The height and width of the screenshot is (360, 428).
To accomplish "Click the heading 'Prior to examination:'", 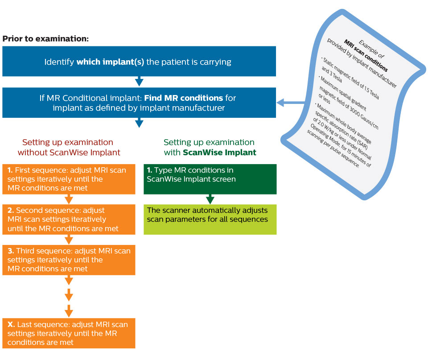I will (x=45, y=38).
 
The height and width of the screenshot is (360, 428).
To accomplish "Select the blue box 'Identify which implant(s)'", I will (x=139, y=62).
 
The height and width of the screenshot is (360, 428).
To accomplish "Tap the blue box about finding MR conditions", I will (x=139, y=103).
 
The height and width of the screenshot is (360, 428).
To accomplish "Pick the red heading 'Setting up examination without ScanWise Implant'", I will (x=68, y=147).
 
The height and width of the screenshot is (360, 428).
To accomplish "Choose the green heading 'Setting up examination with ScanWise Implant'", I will (x=209, y=147).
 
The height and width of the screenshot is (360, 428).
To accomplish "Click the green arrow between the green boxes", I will (x=210, y=199).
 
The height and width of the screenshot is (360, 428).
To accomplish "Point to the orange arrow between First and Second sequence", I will (x=69, y=199).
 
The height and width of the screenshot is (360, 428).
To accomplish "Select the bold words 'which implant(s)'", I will (x=110, y=62).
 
